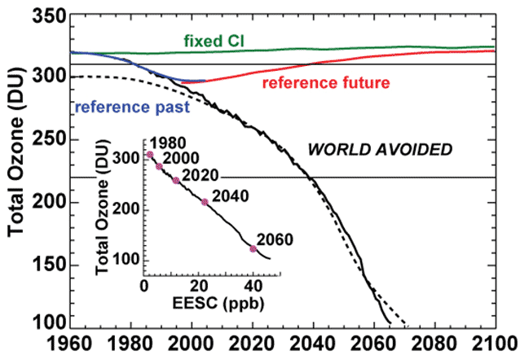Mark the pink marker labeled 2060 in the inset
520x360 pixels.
(253, 248)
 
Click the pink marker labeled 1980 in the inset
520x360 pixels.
(149, 155)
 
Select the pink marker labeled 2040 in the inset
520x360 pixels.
(205, 201)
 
